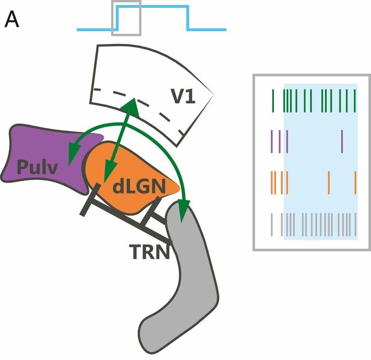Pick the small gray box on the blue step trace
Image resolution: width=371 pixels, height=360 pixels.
pyautogui.click(x=126, y=18)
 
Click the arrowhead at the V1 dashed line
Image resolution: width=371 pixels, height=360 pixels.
pyautogui.click(x=132, y=103)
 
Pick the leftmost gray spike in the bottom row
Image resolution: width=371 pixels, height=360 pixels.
pyautogui.click(x=272, y=224)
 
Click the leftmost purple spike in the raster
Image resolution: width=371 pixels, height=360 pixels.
pyautogui.click(x=272, y=141)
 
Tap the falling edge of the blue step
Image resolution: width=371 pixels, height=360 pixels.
pyautogui.click(x=187, y=18)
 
